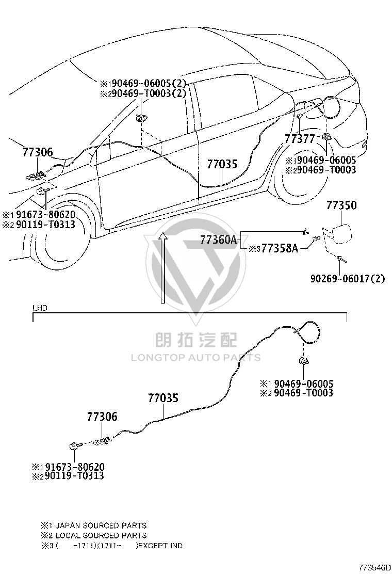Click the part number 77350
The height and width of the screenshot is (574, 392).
(x=341, y=205)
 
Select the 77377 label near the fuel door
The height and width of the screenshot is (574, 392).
(x=300, y=139)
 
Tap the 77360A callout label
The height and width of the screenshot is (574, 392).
(x=218, y=240)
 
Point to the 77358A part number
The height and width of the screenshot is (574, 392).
(x=280, y=249)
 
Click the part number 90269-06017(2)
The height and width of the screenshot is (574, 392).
(x=348, y=279)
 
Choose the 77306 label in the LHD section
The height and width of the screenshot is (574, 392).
(x=102, y=416)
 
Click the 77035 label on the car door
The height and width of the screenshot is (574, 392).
(x=222, y=164)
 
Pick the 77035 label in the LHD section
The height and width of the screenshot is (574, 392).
(x=163, y=398)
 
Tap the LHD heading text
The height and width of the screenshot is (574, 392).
(x=40, y=308)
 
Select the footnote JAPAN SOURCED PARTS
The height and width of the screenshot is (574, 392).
(x=101, y=525)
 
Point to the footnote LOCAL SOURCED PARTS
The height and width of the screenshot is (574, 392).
(x=101, y=536)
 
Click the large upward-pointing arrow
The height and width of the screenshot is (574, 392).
(x=163, y=268)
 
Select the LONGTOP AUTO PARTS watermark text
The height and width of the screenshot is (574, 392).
(x=195, y=357)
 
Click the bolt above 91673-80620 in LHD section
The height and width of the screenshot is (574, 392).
(x=74, y=446)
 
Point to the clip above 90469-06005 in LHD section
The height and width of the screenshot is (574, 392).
(x=303, y=362)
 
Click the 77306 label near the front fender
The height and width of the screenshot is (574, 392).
(x=38, y=152)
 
